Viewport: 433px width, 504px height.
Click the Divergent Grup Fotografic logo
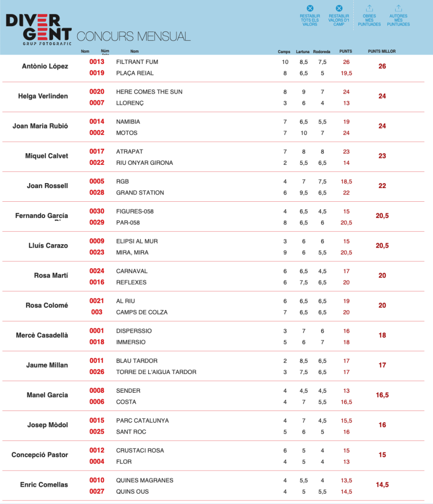click(x=38, y=29)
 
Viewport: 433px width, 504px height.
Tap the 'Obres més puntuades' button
click(x=369, y=16)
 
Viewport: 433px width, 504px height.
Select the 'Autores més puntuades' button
click(x=398, y=16)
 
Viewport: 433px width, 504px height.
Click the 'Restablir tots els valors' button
click(x=309, y=16)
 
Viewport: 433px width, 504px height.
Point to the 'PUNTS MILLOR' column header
click(x=382, y=51)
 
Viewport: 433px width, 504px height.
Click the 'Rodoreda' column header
click(x=322, y=51)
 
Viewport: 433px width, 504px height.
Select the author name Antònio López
click(x=45, y=66)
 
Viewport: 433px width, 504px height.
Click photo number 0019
click(x=97, y=73)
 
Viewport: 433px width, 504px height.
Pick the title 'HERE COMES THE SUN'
click(x=142, y=92)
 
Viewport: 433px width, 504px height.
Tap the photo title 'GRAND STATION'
click(x=140, y=192)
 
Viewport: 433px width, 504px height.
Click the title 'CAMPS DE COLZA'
click(x=142, y=312)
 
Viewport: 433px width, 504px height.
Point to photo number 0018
click(x=97, y=342)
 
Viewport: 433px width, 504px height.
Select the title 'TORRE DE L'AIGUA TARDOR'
click(x=156, y=372)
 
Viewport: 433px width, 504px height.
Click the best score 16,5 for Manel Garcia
click(x=382, y=395)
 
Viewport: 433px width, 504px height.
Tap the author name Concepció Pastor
click(x=40, y=455)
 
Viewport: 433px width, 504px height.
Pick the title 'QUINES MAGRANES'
click(x=145, y=480)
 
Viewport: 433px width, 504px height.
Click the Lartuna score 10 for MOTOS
click(x=304, y=133)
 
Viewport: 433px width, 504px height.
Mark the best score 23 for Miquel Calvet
click(x=382, y=156)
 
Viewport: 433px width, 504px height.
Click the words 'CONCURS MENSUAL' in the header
click(x=133, y=36)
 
